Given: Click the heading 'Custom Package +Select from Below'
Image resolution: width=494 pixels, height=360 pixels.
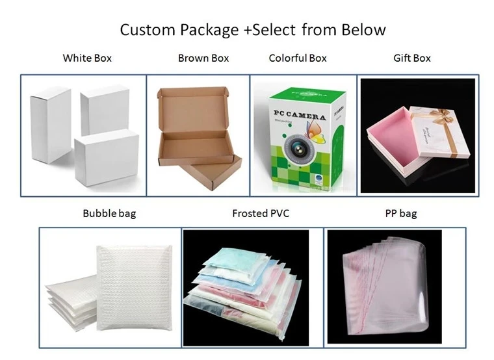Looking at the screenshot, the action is pos(253,29).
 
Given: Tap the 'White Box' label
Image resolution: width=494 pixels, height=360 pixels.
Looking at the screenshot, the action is pos(87,58).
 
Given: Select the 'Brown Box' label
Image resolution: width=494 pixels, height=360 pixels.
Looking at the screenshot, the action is pos(203,58).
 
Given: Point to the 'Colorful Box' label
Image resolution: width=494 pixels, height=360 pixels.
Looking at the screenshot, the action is pos(298,58).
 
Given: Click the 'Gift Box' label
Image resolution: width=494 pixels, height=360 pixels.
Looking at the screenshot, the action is pos(412,58).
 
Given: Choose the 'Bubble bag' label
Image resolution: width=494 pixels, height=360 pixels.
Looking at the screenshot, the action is pos(109,213).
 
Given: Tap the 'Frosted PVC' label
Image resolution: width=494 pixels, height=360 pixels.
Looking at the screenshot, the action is pos(261,213).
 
